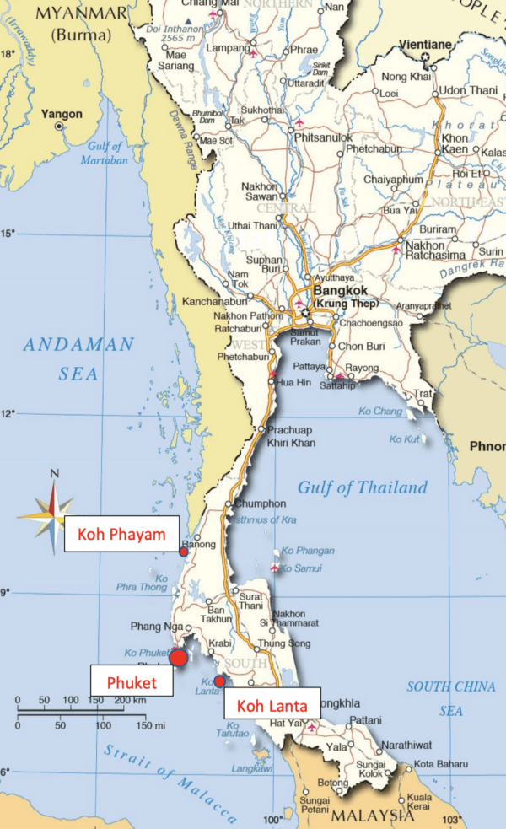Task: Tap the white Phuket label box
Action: pos(132,681)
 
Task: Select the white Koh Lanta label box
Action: pos(272,706)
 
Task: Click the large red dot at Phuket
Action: pos(179,658)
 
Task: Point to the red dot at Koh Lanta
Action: pos(219,681)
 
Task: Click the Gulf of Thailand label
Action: pos(362,488)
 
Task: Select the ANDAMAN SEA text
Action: pos(78,358)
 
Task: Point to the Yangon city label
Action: pos(64,114)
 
